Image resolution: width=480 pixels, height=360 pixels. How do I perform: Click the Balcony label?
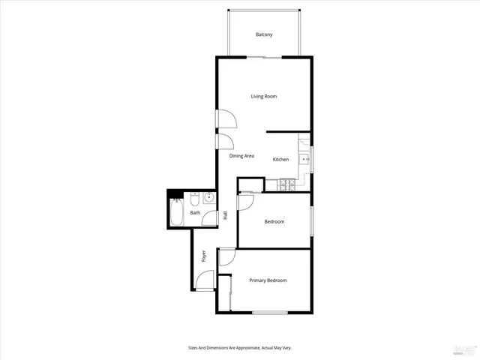point(263,35)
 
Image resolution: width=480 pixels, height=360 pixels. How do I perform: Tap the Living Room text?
point(264,96)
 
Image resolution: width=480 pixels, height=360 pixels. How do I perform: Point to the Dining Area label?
point(241,156)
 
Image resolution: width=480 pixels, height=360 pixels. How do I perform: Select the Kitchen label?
point(280,159)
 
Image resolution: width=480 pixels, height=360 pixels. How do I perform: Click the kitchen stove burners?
point(286,184)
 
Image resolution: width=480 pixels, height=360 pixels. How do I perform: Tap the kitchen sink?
point(304,159)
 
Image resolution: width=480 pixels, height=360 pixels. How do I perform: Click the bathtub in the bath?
point(177,213)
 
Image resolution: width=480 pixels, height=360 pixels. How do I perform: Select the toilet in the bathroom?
point(193,200)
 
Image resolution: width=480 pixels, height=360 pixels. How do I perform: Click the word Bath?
point(195,213)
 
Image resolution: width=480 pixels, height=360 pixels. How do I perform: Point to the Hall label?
point(225,216)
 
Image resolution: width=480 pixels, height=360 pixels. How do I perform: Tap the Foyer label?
point(203,256)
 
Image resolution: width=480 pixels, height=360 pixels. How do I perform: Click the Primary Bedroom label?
point(268,280)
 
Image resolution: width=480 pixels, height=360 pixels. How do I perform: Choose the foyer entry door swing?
point(203,280)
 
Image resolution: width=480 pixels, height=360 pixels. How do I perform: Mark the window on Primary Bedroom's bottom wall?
point(271,312)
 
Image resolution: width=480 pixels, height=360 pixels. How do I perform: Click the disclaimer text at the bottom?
point(239,347)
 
